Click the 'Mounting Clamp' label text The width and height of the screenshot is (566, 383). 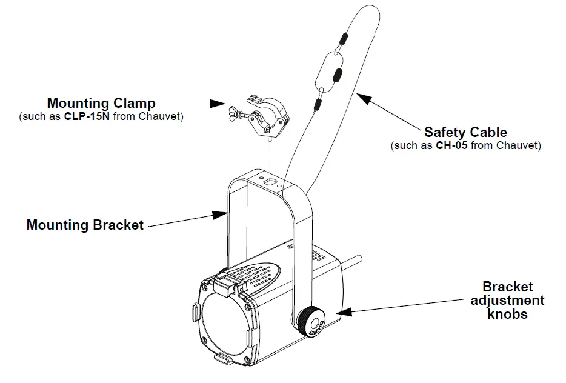point(101,103)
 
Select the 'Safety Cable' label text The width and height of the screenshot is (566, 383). point(465,132)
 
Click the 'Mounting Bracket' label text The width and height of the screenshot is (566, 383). point(85,225)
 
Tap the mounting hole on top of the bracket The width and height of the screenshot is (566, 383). point(270,181)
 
